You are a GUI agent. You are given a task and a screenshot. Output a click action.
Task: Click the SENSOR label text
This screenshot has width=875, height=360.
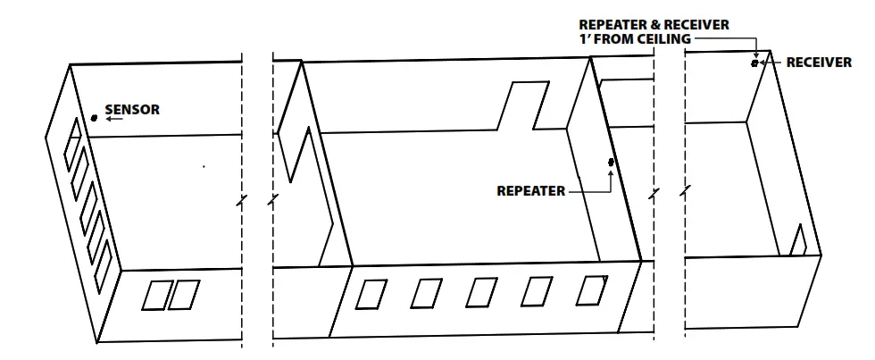pos(132,111)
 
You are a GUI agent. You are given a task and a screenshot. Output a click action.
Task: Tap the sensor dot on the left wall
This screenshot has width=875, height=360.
pos(95,118)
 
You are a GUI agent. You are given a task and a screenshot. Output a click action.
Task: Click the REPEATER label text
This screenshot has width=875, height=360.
pos(530,190)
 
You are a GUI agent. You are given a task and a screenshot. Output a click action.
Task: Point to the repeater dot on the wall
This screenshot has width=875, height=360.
pos(611,162)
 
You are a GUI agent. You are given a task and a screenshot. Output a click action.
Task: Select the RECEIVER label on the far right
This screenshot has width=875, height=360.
pos(819,63)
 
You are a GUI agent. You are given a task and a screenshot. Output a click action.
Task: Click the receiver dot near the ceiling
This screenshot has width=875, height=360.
pos(754,63)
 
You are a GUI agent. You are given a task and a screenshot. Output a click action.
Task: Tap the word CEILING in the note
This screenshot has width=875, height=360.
pos(660,39)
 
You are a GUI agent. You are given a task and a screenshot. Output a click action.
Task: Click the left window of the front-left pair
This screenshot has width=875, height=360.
pos(155,296)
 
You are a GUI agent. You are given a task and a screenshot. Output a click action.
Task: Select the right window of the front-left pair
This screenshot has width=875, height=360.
pos(183,296)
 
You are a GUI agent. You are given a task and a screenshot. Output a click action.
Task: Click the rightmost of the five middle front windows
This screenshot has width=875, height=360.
pos(590,289)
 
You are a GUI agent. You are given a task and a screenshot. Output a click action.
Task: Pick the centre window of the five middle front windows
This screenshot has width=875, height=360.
pos(481,292)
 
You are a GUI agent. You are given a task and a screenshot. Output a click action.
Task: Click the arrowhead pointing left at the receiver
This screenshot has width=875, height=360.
pos(763,63)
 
